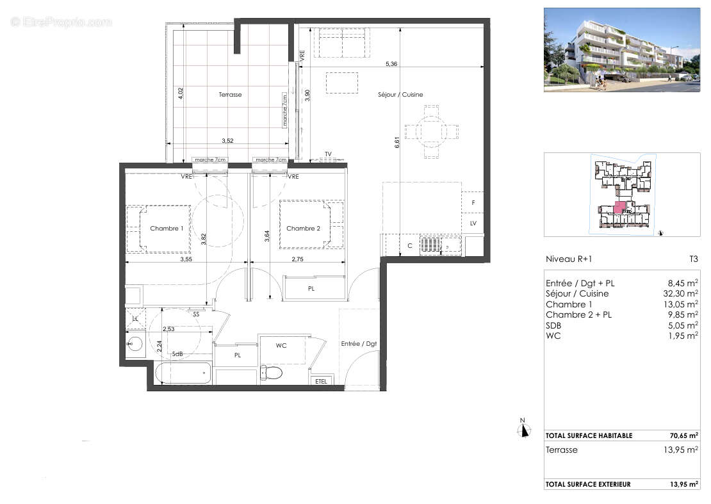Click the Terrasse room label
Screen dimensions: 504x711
[x=230, y=95]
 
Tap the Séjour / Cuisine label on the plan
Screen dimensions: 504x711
[x=400, y=95]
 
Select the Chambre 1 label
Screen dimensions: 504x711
[x=167, y=229]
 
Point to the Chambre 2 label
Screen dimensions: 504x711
[x=303, y=229]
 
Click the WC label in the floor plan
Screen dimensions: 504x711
[x=281, y=346]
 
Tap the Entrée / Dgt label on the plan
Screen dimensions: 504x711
[x=359, y=344]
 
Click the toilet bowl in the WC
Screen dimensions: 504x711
[x=271, y=373]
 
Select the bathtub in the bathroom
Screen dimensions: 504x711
[x=183, y=373]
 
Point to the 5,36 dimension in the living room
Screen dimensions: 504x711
[x=392, y=64]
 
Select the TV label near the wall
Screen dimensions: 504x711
[x=328, y=154]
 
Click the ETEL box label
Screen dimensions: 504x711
[x=321, y=382]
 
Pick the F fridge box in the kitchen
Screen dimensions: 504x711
[x=473, y=202]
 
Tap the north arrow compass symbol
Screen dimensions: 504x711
[x=524, y=428]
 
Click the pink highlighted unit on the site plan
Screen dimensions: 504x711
[x=619, y=207]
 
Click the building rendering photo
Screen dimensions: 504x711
[x=621, y=49]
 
